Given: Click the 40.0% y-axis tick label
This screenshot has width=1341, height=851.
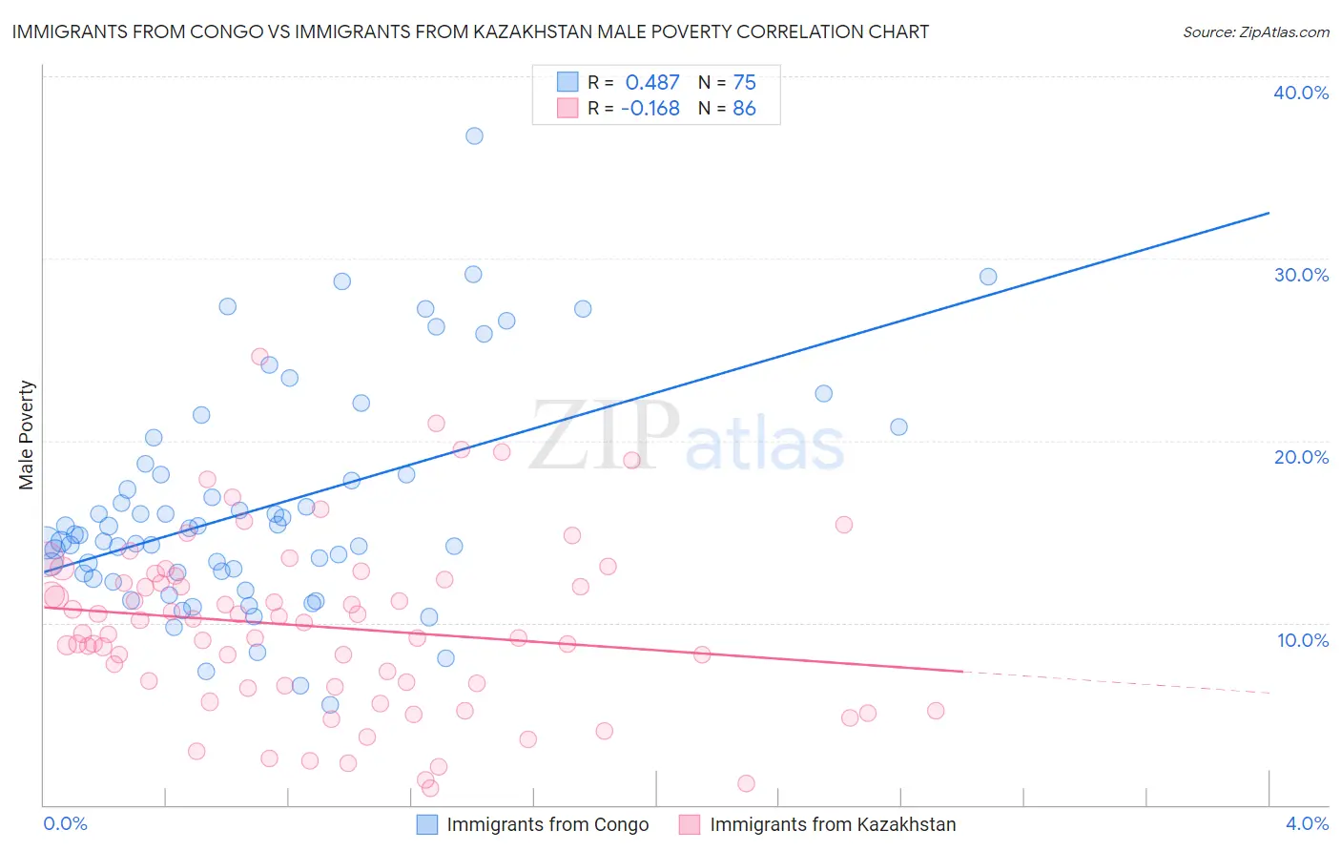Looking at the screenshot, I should [x=1301, y=93].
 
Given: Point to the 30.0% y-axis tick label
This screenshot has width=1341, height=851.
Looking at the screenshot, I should [x=1301, y=275].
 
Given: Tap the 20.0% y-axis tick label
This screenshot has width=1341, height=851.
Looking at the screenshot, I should [x=1301, y=457].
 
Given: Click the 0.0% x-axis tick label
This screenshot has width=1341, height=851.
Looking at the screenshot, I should [x=66, y=823].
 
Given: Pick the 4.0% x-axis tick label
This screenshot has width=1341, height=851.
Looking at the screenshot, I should [x=1307, y=823].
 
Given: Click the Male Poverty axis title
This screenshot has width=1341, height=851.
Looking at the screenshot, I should [x=27, y=435].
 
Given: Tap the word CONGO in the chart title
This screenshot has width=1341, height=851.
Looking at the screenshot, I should [x=226, y=31].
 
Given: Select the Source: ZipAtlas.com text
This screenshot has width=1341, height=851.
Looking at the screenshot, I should [x=1255, y=31].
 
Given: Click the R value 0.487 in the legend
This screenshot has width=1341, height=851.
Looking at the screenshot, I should [x=652, y=83].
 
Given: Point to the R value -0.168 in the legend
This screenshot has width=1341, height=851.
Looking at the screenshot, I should [x=650, y=109].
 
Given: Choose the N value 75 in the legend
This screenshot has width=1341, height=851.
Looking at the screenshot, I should [x=744, y=83].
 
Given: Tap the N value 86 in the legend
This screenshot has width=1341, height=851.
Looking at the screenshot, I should [x=744, y=109].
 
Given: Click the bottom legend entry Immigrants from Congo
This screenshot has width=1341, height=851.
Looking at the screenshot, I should [x=547, y=824].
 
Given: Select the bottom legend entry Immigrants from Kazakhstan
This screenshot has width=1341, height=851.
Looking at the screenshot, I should [x=832, y=824].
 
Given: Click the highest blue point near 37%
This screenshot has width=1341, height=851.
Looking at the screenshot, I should [x=474, y=135].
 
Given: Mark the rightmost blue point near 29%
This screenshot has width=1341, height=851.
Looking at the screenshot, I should [x=988, y=277].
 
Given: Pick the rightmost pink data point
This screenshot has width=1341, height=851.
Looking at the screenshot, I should [x=936, y=711].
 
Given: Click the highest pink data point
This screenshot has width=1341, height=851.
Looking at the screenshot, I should [x=259, y=357].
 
